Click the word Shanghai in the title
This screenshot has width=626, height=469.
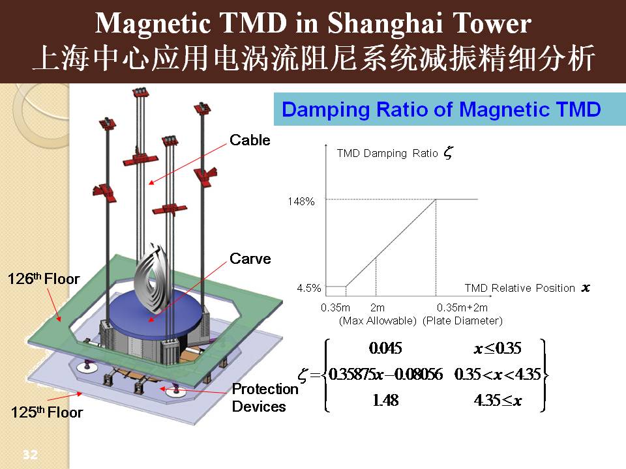(x=384, y=23)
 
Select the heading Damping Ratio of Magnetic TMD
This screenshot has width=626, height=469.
(x=441, y=109)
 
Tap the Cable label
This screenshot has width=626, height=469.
(x=250, y=140)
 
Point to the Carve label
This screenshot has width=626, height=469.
(x=250, y=259)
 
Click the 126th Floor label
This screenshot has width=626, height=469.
(x=44, y=278)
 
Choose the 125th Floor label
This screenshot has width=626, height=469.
(x=47, y=412)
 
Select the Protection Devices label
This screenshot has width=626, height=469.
(x=265, y=397)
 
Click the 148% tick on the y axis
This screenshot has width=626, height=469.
(x=301, y=201)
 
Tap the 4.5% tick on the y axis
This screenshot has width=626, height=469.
(x=308, y=288)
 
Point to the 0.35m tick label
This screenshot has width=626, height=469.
(x=335, y=307)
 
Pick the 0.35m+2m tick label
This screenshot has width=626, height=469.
(x=462, y=307)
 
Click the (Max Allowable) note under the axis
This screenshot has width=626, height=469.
(x=378, y=320)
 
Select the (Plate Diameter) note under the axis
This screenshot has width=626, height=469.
(x=462, y=320)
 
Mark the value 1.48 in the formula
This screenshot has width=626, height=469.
(x=385, y=400)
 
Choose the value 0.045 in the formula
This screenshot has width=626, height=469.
(x=385, y=348)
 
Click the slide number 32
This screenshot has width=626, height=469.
(x=30, y=454)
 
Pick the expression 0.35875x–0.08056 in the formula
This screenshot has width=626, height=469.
(x=385, y=374)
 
